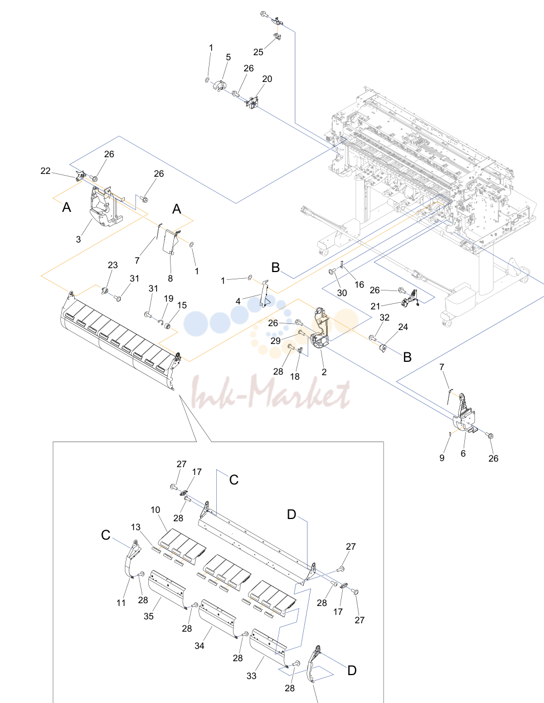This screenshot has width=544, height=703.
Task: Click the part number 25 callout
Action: coord(258,52)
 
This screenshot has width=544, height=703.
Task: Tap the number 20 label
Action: coord(267,79)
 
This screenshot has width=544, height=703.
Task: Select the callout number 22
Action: coord(45,171)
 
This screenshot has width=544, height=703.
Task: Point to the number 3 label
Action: coord(78,239)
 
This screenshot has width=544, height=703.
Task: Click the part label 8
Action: coord(171,278)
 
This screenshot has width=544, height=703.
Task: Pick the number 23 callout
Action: coord(113,265)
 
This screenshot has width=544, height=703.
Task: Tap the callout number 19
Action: coord(168,298)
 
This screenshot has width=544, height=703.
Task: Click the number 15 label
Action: coord(182,305)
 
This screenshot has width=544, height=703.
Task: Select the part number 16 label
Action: coord(360,284)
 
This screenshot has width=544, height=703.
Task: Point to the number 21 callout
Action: coord(375,306)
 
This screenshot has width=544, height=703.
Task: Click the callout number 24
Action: coord(403,327)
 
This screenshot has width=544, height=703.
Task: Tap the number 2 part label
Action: coord(324,372)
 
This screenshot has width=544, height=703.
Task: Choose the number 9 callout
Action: coord(442,458)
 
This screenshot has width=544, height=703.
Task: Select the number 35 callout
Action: coord(148,616)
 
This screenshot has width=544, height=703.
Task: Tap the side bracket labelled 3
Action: coord(105,207)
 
